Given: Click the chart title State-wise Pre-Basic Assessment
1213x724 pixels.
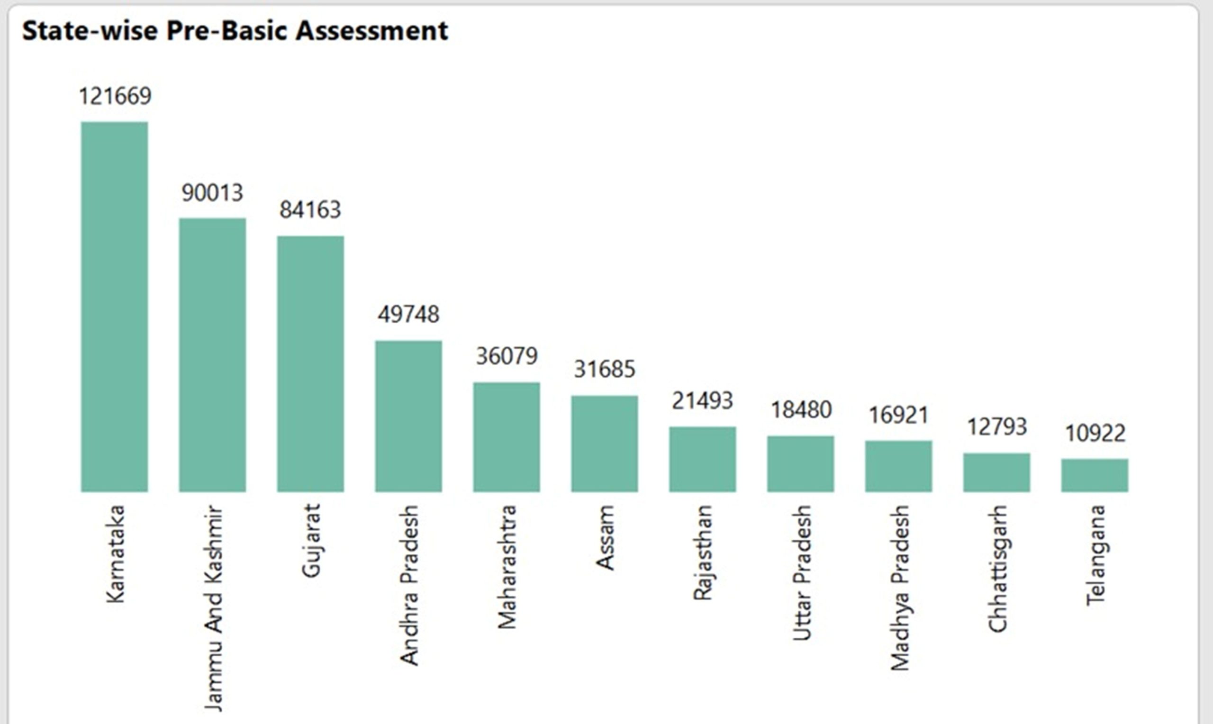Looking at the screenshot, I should [x=235, y=31].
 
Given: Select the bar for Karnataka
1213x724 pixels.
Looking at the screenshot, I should [x=114, y=307].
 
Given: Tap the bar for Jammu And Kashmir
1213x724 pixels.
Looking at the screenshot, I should [x=212, y=355].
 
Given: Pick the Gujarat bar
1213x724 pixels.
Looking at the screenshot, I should [x=310, y=363].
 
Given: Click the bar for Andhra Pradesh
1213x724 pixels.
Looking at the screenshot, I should [x=408, y=416].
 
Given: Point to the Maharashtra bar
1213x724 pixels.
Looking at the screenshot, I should [x=506, y=437].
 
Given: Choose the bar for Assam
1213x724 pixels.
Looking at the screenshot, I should [x=604, y=443].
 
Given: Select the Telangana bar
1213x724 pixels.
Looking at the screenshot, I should [x=1095, y=475].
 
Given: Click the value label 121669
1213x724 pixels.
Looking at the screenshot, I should [x=115, y=96].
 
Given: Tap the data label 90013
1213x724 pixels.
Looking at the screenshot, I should [x=212, y=193].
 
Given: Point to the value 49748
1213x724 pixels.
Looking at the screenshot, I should [x=408, y=314].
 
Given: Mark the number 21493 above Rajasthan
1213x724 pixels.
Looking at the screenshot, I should [x=702, y=401].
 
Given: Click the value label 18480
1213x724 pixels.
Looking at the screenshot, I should [x=801, y=410].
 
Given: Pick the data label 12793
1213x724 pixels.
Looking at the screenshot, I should [x=997, y=427].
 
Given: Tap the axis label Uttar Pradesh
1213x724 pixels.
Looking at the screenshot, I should [x=801, y=573].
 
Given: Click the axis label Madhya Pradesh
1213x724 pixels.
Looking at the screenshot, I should [x=899, y=588].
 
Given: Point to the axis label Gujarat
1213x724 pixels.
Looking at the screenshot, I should [x=311, y=541].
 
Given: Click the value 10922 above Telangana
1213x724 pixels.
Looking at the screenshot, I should [x=1095, y=433].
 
